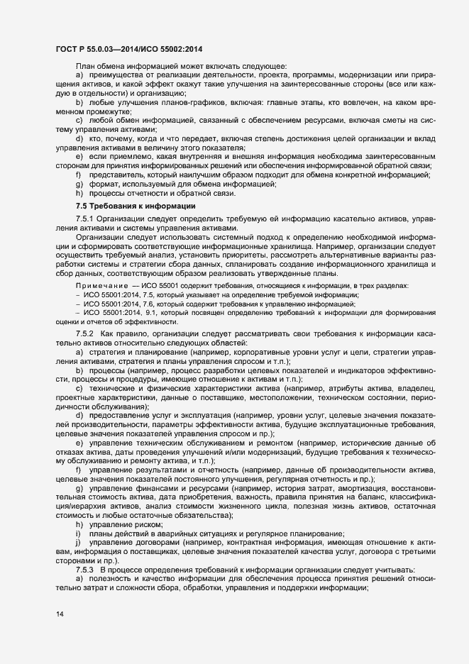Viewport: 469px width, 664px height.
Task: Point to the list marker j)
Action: click(x=78, y=523)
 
